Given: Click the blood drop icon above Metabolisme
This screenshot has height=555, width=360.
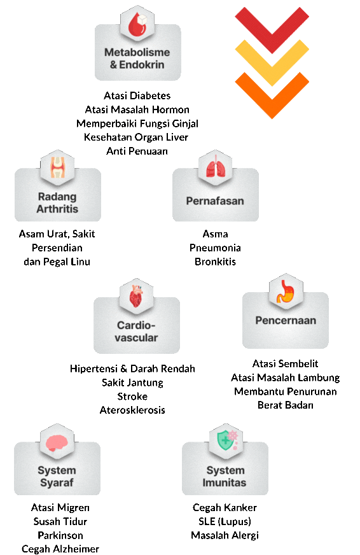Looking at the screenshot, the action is tap(137, 24).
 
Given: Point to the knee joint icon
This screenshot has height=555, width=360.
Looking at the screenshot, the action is tap(57, 167).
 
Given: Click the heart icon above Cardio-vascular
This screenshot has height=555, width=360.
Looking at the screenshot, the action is tap(136, 295).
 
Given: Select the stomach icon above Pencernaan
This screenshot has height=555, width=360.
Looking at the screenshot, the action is tap(286, 292).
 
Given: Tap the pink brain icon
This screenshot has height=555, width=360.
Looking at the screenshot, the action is tap(57, 443).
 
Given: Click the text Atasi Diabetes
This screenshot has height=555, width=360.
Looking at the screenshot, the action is tap(137, 95).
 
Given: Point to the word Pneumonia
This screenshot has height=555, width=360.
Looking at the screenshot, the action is tap(215, 248).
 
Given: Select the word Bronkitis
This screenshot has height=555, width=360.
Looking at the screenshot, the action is tap(215, 262).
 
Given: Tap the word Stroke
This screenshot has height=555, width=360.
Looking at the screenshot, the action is tap(132, 397).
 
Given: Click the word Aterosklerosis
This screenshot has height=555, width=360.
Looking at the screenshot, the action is tap(132, 411).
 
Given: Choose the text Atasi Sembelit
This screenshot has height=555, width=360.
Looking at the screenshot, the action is tap(286, 363).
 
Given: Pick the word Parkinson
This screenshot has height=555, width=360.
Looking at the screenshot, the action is tap(60, 535).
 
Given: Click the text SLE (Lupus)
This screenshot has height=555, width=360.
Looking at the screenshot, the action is tap(225, 521).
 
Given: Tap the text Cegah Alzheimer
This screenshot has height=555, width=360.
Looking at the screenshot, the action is tap(60, 549).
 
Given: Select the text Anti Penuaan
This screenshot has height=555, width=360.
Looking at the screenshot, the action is tap(137, 151).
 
